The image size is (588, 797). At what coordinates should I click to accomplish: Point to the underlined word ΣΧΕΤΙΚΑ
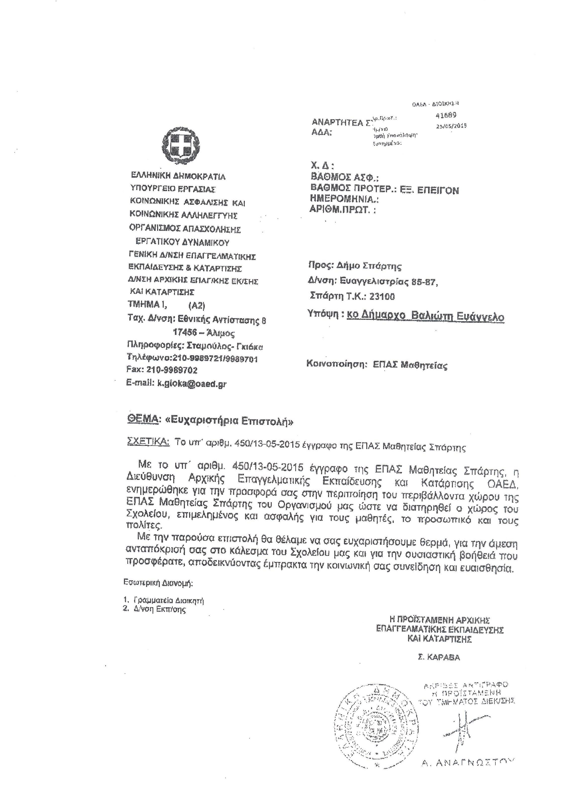click(148, 441)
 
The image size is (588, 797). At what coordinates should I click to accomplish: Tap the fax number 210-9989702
click(172, 370)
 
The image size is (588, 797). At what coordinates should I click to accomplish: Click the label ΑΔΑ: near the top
click(321, 133)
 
